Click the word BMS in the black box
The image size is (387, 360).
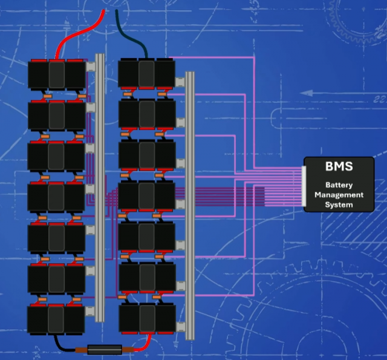[x=339, y=166]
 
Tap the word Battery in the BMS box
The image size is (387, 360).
[x=339, y=185]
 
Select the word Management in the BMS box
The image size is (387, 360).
[x=339, y=195]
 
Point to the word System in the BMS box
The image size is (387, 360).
[x=339, y=205]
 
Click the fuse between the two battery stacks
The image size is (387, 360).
[x=106, y=349]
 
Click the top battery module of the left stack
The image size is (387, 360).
[x=56, y=74]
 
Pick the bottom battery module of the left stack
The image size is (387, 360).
[x=56, y=319]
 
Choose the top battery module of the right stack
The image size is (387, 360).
[x=146, y=73]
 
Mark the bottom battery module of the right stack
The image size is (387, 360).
[x=146, y=318]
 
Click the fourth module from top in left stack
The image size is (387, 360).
[x=56, y=197]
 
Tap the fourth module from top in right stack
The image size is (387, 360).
[x=146, y=195]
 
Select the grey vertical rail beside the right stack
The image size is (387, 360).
[x=190, y=206]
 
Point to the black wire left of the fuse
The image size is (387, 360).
[x=70, y=346]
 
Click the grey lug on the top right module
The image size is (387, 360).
[x=180, y=81]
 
